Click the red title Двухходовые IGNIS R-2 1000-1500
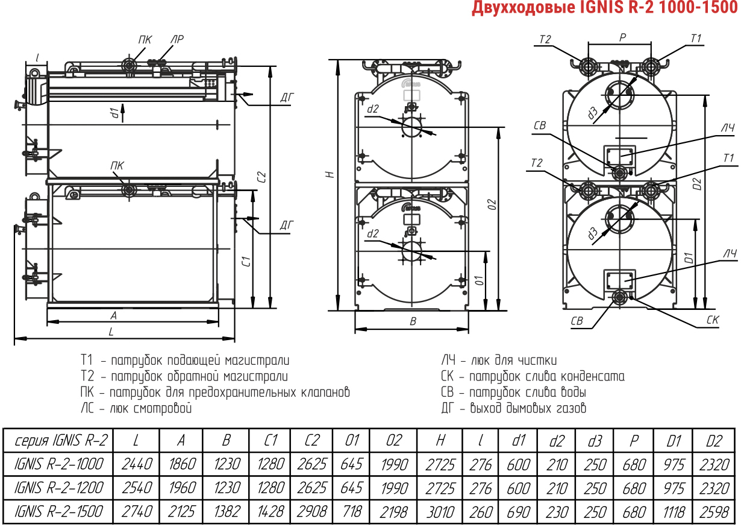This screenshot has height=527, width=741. (605, 8)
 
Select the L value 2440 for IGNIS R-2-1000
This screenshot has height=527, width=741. (137, 464)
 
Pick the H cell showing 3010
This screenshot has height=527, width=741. (440, 512)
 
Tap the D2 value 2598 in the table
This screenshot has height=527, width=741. (714, 512)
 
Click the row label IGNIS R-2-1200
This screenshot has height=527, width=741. (58, 488)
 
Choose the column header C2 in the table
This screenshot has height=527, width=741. (311, 441)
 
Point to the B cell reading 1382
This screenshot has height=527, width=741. (227, 512)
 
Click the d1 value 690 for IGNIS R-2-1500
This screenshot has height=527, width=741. (518, 512)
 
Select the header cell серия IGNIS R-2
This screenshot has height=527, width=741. (61, 441)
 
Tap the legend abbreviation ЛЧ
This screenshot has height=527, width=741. (448, 360)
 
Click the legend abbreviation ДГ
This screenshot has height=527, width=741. (448, 408)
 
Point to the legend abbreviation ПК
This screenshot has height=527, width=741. (87, 393)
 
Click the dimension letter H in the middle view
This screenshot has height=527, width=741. (330, 174)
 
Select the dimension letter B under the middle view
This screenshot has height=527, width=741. (413, 321)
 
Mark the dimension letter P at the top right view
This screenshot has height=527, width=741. (622, 37)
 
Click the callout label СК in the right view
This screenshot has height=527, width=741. (713, 320)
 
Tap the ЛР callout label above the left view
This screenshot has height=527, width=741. (177, 39)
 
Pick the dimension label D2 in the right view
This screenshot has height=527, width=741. (698, 184)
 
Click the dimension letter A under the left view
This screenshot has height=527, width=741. (113, 315)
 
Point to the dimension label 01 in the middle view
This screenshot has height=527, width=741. (480, 280)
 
